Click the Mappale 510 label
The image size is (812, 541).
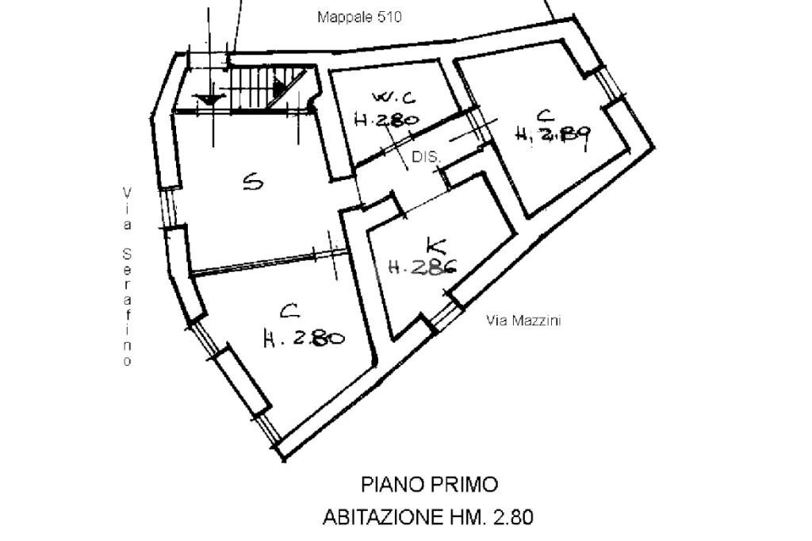pos(359,17)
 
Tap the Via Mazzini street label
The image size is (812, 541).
pos(523,321)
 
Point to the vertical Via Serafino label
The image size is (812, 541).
pos(126,277)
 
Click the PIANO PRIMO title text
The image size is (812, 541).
pos(430,484)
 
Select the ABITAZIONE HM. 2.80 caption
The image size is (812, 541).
pos(428,518)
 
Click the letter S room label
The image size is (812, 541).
pos(252,183)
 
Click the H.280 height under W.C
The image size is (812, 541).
pos(386,121)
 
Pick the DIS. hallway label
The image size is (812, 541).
pos(426,158)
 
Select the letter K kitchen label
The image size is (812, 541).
pos(435,245)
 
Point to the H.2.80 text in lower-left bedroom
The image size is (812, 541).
pos(304,339)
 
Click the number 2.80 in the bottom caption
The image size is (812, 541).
pos(513,518)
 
